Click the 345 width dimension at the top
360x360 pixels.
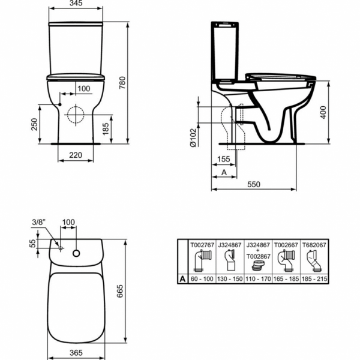pos(76,3)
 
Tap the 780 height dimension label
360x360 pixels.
pos(122,83)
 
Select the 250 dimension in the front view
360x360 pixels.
pos(34,124)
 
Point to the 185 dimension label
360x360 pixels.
pos(106,129)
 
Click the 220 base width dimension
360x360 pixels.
pos(76,155)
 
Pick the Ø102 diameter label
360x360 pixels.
pos(193,137)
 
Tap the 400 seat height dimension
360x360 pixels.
pos(323,112)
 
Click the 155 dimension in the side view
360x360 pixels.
pos(223,159)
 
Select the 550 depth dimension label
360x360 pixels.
pos(254,184)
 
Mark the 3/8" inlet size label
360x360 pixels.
pos(39,222)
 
